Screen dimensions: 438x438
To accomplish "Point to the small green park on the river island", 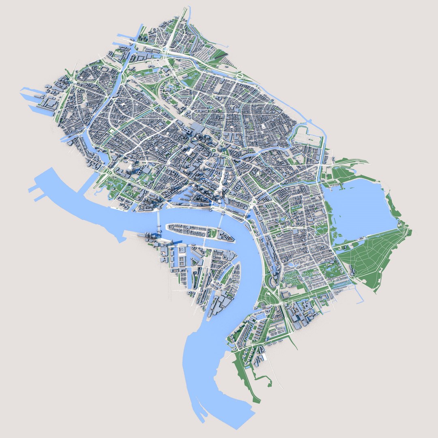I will click(213, 233).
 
